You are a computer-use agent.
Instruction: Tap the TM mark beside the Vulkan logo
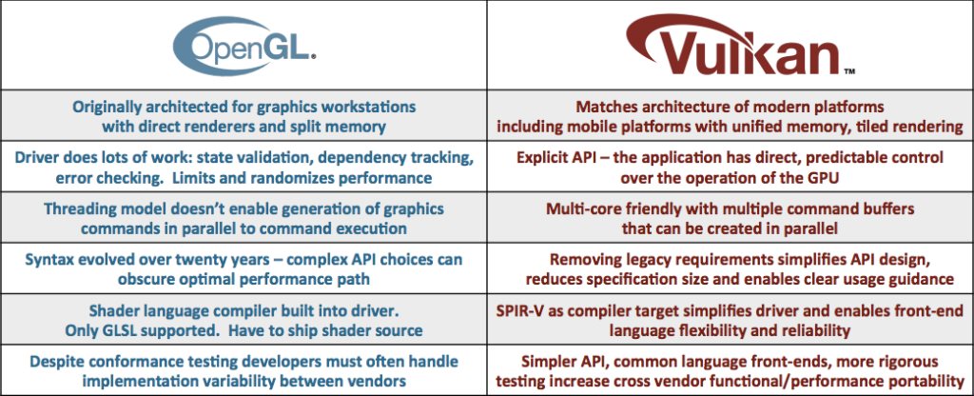tap(849, 71)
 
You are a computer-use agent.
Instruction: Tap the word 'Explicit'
tap(542, 158)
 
